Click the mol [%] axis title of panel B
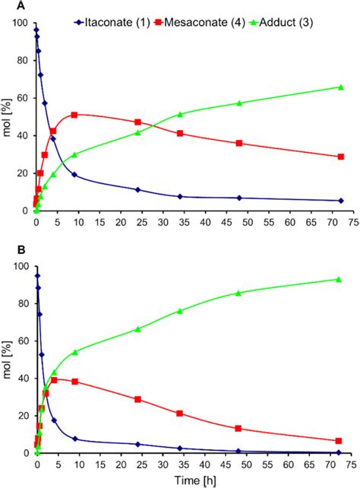coord(7,360)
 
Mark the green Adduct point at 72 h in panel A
coord(339,87)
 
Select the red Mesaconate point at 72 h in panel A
coord(339,157)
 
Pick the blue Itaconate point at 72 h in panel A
coord(339,201)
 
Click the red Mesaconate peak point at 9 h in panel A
coord(74,115)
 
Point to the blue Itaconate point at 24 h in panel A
coord(137,189)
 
